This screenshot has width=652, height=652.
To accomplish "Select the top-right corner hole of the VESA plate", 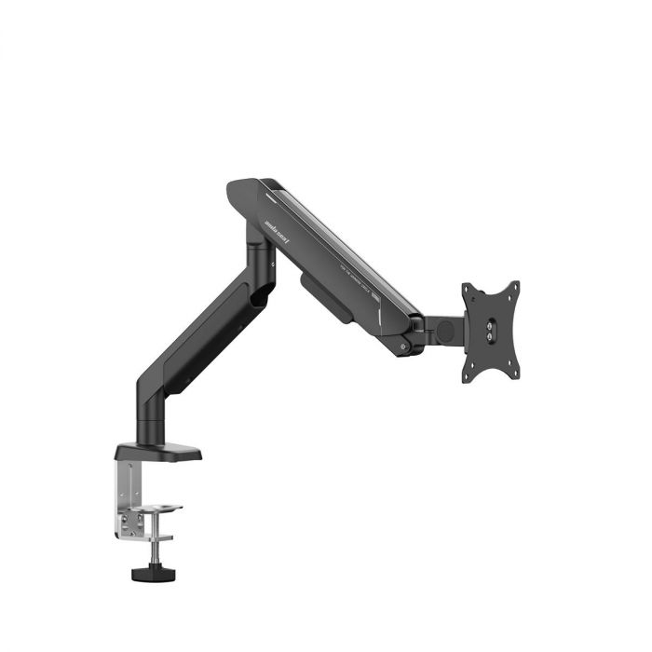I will tap(515, 286).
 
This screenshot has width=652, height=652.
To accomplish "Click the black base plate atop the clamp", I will tap(158, 454).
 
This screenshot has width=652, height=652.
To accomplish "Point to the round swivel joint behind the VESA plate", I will tap(445, 331).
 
